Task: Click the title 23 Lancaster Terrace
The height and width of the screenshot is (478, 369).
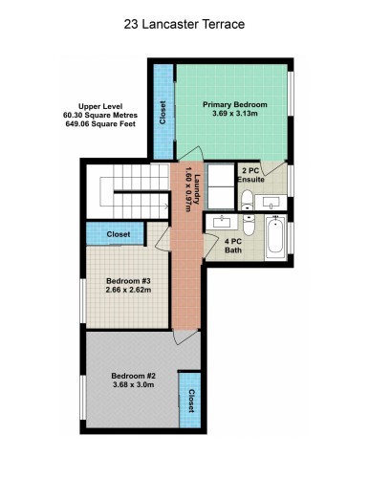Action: [x=184, y=25]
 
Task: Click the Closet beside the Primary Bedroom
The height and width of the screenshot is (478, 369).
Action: [x=163, y=112]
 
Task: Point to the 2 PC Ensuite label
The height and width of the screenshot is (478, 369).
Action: [x=250, y=174]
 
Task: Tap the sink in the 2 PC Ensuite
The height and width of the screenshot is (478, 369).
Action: [x=271, y=203]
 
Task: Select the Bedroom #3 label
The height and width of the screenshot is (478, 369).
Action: [x=127, y=280]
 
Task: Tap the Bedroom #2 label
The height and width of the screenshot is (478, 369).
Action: [x=133, y=376]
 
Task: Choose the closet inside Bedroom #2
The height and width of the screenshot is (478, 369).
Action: [x=190, y=397]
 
